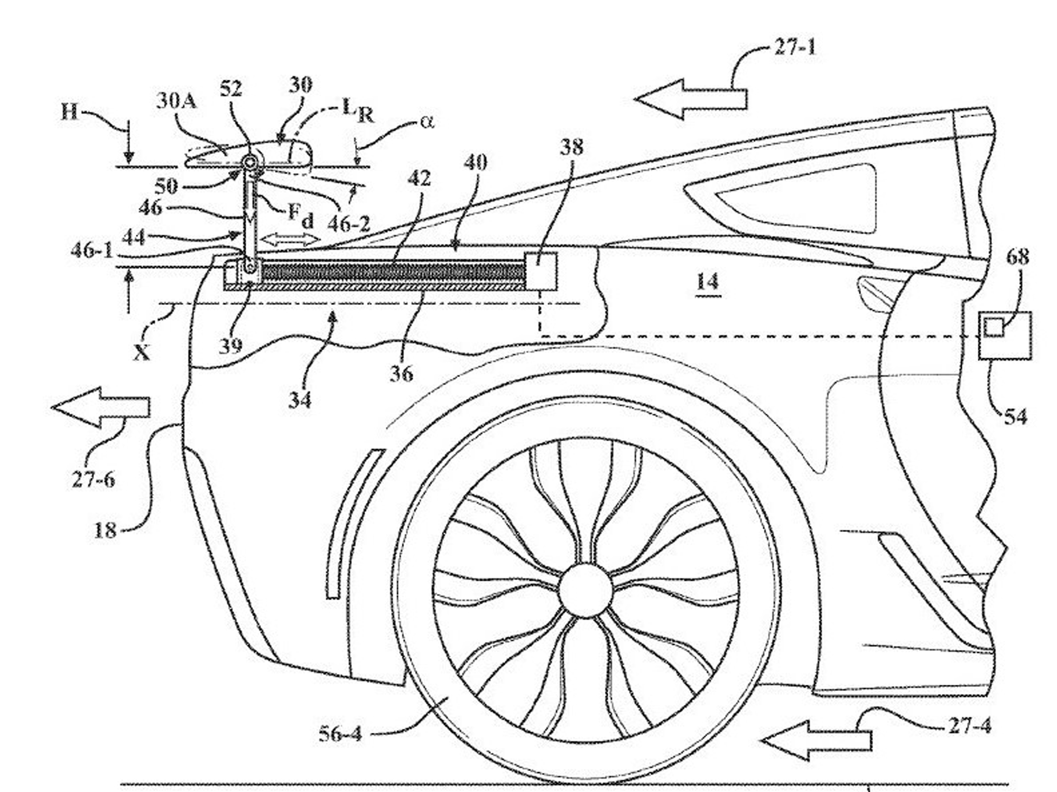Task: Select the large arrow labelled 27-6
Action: coord(100,407)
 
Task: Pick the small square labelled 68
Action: coord(994,327)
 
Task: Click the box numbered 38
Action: coord(540,271)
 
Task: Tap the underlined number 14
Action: coord(708,283)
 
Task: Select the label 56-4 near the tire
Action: coord(340,733)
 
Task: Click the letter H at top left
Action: coord(70,113)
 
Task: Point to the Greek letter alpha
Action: coord(427,122)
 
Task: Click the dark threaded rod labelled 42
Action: coord(393,272)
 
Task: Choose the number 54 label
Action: coord(1015,417)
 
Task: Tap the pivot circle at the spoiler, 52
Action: coord(249,162)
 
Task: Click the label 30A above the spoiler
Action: coord(176,101)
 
